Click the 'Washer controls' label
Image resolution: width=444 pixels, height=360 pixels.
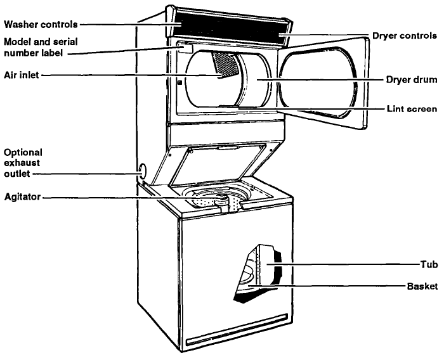[x=41, y=25]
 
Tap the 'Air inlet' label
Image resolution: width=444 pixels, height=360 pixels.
[x=21, y=75]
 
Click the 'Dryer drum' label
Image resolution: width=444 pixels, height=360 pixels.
[x=412, y=80]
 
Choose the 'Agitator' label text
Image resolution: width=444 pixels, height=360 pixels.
[x=21, y=197]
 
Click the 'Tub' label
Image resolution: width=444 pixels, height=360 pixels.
[x=429, y=262]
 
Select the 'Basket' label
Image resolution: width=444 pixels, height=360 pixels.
[x=422, y=286]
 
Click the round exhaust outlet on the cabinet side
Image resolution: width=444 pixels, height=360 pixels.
[x=141, y=170]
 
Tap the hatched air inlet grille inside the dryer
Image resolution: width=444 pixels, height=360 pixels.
[x=225, y=63]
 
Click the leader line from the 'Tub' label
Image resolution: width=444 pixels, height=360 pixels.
[x=349, y=262]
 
